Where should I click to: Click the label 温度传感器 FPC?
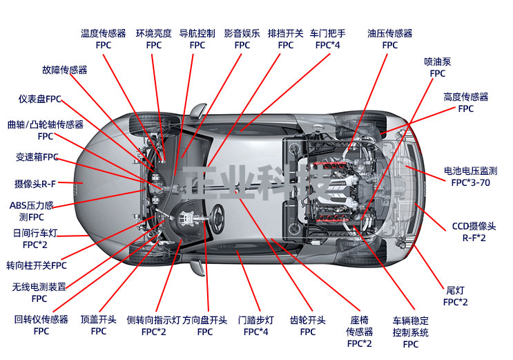pyautogui.click(x=104, y=39)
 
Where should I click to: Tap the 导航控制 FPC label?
pyautogui.click(x=197, y=39)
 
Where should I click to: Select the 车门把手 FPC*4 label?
pyautogui.click(x=327, y=39)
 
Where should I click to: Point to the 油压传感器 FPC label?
pyautogui.click(x=389, y=39)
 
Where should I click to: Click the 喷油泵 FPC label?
pyautogui.click(x=438, y=68)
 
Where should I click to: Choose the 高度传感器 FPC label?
pyautogui.click(x=465, y=102)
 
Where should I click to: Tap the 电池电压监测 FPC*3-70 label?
pyautogui.click(x=470, y=177)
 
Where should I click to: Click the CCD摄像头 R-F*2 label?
pyautogui.click(x=474, y=232)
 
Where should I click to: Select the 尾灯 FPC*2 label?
pyautogui.click(x=455, y=296)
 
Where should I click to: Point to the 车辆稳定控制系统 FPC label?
pyautogui.click(x=411, y=332)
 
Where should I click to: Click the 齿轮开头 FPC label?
pyautogui.click(x=307, y=326)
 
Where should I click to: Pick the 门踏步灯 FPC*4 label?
pyautogui.click(x=255, y=326)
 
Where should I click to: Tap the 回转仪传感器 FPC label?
pyautogui.click(x=41, y=325)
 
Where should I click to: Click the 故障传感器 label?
pyautogui.click(x=65, y=70)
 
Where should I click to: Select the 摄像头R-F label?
pyautogui.click(x=35, y=184)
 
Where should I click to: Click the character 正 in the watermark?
pyautogui.click(x=200, y=182)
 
